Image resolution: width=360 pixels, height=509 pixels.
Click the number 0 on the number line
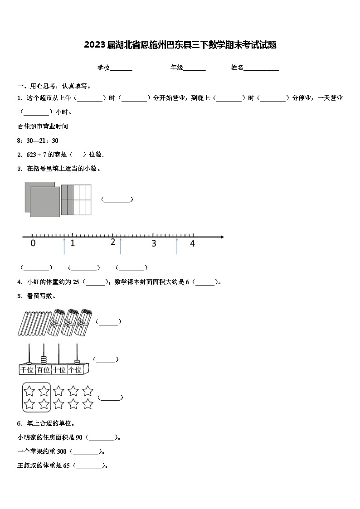pyautogui.click(x=33, y=243)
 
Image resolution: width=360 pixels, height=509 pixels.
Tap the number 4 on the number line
pyautogui.click(x=192, y=243)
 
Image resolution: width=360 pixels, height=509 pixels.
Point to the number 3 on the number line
pyautogui.click(x=154, y=243)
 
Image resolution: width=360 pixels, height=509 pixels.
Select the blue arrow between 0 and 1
pyautogui.click(x=64, y=246)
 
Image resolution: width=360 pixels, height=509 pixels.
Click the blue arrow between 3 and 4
pyautogui.click(x=177, y=246)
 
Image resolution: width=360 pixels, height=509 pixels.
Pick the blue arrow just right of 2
pyautogui.click(x=120, y=246)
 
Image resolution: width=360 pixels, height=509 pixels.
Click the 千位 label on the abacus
pyautogui.click(x=27, y=370)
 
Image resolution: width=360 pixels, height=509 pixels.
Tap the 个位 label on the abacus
pyautogui.click(x=75, y=370)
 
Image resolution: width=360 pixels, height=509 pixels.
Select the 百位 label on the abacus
pyautogui.click(x=44, y=370)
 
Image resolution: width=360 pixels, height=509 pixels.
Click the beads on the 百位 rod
pyautogui.click(x=44, y=360)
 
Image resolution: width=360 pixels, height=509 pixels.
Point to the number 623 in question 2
pyautogui.click(x=31, y=155)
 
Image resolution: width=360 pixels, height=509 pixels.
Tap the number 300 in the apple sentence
pyautogui.click(x=62, y=451)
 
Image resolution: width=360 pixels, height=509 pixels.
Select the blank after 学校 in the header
pyautogui.click(x=121, y=68)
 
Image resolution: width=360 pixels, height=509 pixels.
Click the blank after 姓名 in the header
pyautogui.click(x=262, y=68)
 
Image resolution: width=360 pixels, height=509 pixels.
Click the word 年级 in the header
pyautogui.click(x=176, y=68)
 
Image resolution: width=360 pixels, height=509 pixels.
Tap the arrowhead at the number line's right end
pyautogui.click(x=221, y=237)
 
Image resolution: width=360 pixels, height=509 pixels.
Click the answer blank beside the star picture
pyautogui.click(x=110, y=398)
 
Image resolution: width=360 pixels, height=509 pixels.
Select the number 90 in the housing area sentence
pyautogui.click(x=79, y=437)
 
